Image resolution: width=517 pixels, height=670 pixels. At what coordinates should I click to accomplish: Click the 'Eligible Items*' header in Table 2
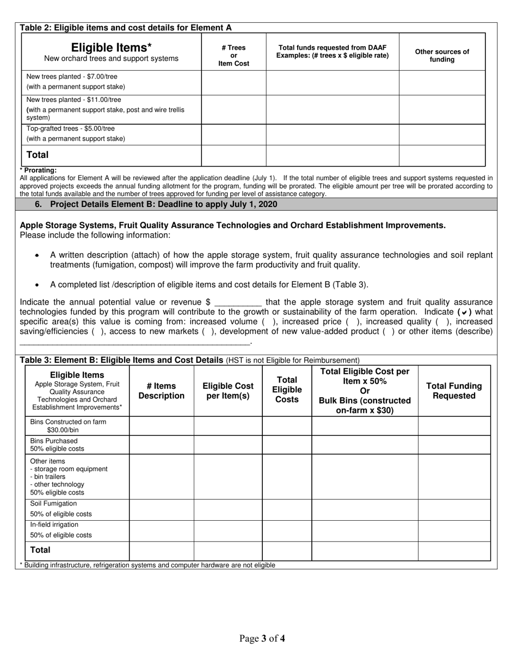(x=111, y=47)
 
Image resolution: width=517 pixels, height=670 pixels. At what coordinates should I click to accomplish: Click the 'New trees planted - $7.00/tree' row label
(x=72, y=76)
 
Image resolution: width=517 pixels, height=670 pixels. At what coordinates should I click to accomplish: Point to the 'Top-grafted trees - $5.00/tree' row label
(x=71, y=129)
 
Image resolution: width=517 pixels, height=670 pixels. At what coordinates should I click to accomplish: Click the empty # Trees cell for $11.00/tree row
(x=233, y=109)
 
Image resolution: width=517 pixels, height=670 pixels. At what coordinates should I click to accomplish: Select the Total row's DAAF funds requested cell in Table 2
(x=332, y=155)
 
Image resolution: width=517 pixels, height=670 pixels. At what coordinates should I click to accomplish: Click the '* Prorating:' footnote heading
(x=38, y=170)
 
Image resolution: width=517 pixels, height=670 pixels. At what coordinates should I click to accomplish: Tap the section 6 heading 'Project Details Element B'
(x=163, y=204)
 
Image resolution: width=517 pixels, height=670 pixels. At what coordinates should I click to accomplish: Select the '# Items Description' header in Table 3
(x=161, y=391)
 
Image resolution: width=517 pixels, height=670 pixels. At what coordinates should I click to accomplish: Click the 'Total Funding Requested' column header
(x=454, y=391)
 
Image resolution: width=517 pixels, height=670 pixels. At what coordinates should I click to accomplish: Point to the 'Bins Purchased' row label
(x=54, y=441)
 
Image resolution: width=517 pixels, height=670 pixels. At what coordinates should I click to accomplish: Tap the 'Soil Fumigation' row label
(x=53, y=503)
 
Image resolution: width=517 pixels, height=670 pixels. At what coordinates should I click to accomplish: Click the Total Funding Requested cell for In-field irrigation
(x=454, y=531)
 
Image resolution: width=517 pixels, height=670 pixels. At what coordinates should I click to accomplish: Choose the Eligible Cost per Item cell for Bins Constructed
(x=228, y=426)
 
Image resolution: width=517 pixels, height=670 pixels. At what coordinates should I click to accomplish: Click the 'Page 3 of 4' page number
(x=262, y=638)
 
